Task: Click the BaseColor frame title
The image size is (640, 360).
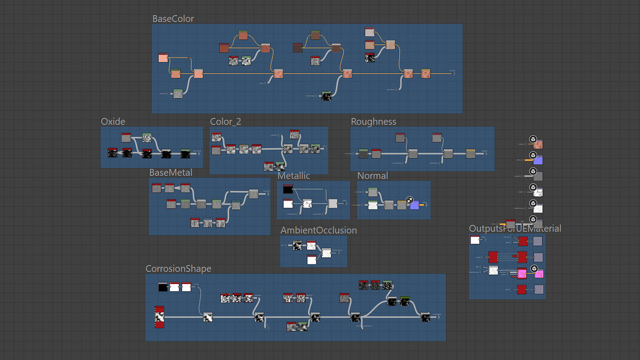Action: pyautogui.click(x=173, y=19)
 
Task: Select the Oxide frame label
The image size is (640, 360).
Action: pyautogui.click(x=113, y=122)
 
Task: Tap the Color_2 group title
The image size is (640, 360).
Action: pyautogui.click(x=225, y=122)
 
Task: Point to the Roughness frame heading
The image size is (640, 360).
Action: pyautogui.click(x=373, y=122)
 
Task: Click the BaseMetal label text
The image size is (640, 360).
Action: pyautogui.click(x=171, y=173)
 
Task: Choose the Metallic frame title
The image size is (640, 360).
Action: pyautogui.click(x=294, y=176)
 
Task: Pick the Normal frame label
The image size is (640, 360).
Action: pyautogui.click(x=372, y=176)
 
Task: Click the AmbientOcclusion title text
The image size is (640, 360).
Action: pyautogui.click(x=318, y=230)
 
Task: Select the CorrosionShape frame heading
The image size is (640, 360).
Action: pyautogui.click(x=178, y=269)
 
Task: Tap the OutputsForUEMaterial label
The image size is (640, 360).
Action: pyautogui.click(x=515, y=229)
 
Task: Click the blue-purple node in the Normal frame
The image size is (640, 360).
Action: pyautogui.click(x=414, y=205)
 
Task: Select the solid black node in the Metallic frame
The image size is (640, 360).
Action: pyautogui.click(x=288, y=189)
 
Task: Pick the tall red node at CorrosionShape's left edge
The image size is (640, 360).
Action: pyautogui.click(x=159, y=317)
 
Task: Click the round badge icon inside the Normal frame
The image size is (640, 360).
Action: pyautogui.click(x=410, y=200)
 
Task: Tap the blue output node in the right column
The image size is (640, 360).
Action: pyautogui.click(x=538, y=160)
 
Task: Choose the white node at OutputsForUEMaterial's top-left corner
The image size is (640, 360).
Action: pyautogui.click(x=475, y=240)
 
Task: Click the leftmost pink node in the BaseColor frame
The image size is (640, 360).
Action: pyautogui.click(x=163, y=58)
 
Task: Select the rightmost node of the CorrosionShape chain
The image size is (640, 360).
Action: pyautogui.click(x=425, y=317)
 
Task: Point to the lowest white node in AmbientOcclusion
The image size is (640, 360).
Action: pyautogui.click(x=312, y=259)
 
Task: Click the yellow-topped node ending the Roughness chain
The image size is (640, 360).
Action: pyautogui.click(x=471, y=154)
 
